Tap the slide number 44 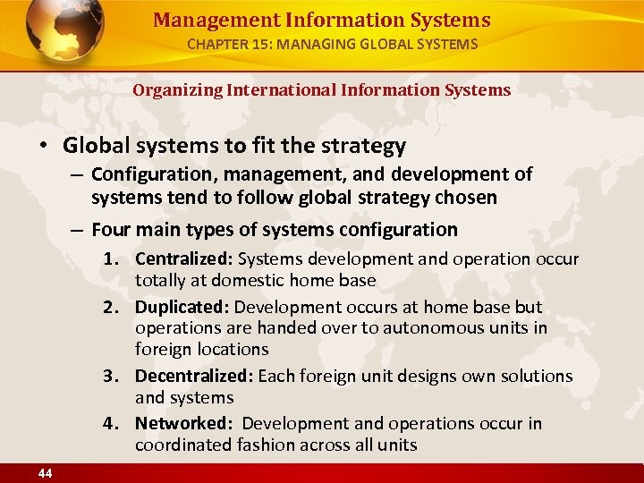click(45, 473)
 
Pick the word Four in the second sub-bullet click(111, 230)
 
